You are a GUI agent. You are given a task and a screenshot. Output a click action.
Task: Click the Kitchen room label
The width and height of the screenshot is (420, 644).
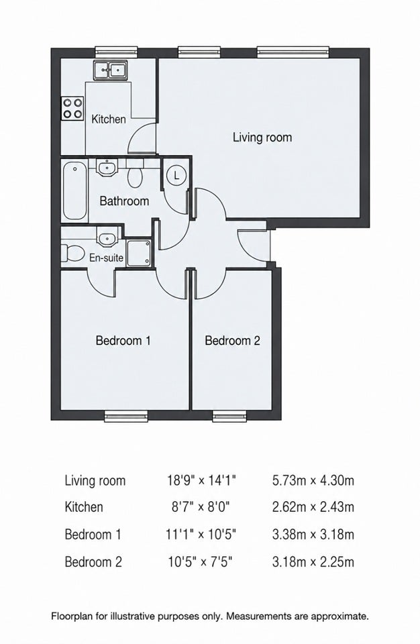tap(109, 119)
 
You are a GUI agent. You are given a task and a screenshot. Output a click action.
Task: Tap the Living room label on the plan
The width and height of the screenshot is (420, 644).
tap(262, 137)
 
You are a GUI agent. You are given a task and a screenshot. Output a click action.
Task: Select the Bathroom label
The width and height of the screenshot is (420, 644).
tap(124, 201)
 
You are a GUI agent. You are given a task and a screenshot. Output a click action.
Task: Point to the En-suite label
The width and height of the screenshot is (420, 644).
tap(106, 258)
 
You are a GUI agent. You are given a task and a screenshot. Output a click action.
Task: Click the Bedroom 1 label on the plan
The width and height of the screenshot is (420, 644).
tap(123, 341)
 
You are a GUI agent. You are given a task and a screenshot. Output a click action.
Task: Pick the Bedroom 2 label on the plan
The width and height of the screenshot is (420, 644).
tap(232, 341)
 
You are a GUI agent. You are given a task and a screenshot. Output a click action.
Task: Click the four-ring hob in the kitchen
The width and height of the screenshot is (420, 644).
tap(72, 108)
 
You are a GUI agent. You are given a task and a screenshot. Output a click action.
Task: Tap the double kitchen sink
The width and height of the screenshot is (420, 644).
tap(110, 70)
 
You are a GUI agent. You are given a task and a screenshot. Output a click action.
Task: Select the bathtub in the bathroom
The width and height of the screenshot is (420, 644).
tap(74, 191)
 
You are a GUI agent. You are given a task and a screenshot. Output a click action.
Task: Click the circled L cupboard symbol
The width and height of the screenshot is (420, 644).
tap(176, 176)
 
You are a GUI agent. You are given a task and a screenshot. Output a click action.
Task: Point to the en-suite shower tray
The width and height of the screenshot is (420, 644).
tap(139, 254)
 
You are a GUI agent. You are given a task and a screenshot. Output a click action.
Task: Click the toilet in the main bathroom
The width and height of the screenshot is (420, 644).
tap(135, 174)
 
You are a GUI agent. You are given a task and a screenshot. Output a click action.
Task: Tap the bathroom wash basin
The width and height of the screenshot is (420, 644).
tap(107, 167)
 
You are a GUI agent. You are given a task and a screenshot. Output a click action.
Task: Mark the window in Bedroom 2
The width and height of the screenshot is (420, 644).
tap(229, 416)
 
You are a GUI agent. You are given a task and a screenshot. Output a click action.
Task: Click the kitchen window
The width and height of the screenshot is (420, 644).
tap(116, 52)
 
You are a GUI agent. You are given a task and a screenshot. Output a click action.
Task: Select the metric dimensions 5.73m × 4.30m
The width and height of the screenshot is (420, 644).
tap(313, 480)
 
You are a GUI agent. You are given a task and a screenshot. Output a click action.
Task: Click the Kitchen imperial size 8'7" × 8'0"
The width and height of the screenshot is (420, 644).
tap(201, 507)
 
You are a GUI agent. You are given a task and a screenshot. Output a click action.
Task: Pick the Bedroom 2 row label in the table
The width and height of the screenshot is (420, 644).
tap(93, 562)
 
